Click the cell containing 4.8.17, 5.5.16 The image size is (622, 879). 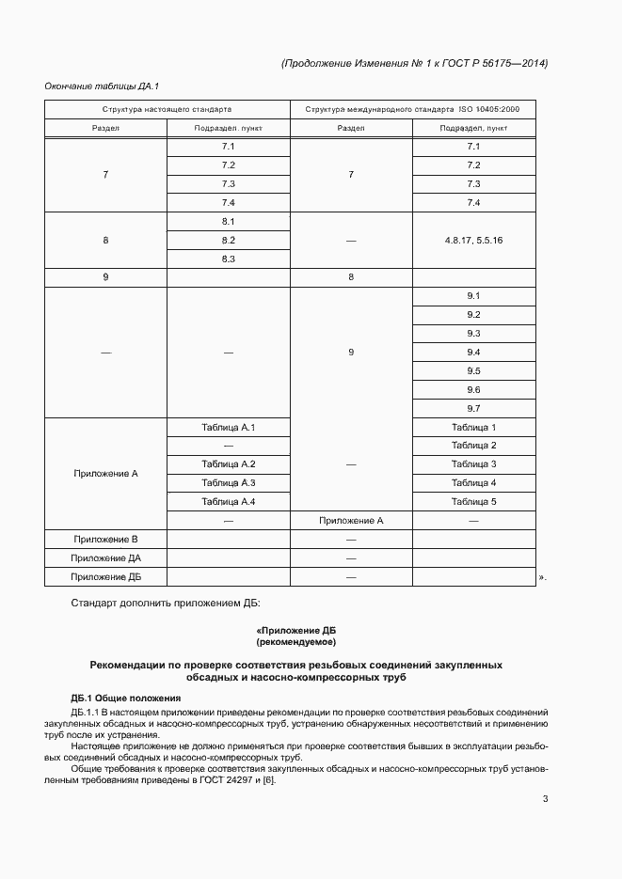click(x=473, y=240)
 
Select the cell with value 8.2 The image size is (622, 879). click(x=228, y=240)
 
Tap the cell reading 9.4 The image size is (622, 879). click(x=473, y=353)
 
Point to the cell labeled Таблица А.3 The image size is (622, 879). click(x=228, y=483)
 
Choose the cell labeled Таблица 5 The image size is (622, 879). click(x=473, y=502)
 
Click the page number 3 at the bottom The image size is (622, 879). click(x=545, y=799)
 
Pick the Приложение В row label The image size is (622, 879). click(x=106, y=540)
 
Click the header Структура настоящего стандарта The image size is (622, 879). click(x=167, y=110)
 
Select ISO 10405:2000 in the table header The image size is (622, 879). click(x=496, y=110)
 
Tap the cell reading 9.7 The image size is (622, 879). click(x=473, y=408)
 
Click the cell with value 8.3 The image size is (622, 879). click(x=228, y=259)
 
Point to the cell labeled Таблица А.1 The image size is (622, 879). click(x=228, y=428)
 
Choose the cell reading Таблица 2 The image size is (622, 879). click(x=473, y=446)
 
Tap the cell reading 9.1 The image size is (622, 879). click(x=473, y=296)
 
